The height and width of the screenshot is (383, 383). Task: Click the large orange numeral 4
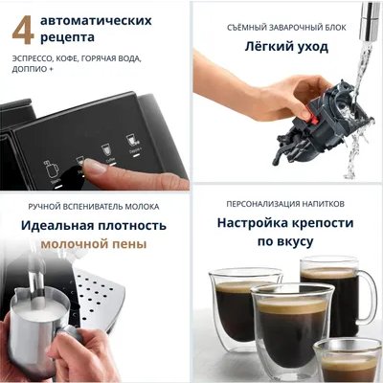coord(24,28)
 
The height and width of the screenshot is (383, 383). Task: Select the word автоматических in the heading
coord(106,18)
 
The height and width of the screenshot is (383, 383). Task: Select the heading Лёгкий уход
coord(286,45)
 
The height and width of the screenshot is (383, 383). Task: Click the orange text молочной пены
coord(94,244)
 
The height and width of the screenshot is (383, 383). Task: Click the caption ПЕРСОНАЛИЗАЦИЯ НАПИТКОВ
coord(286,204)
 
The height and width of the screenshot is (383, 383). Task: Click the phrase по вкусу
coord(286,244)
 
